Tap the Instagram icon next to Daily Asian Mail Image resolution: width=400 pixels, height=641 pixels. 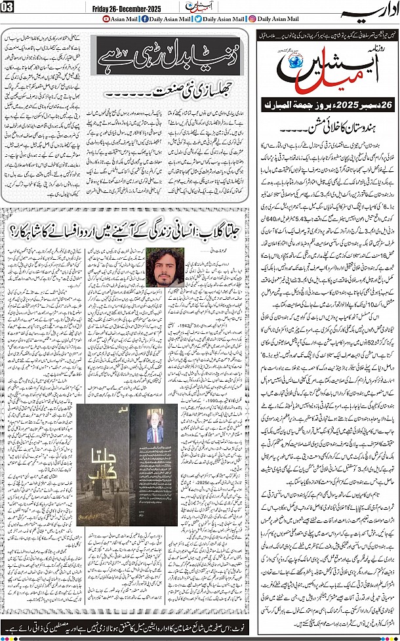pos(254,20)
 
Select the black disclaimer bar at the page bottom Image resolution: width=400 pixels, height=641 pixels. pos(199,626)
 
